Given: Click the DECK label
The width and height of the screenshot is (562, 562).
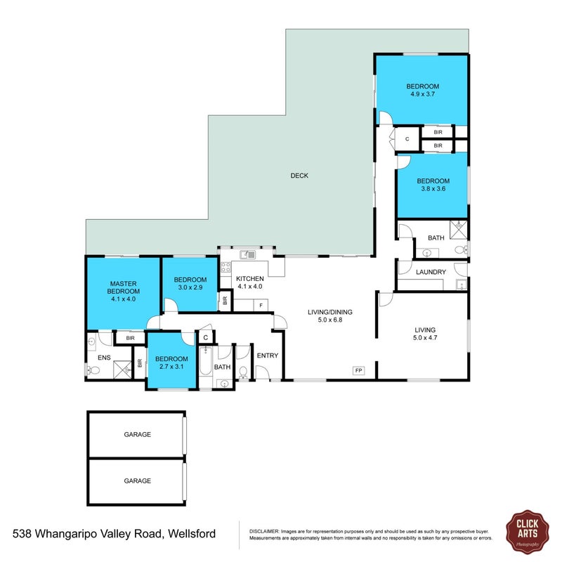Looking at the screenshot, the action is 299,175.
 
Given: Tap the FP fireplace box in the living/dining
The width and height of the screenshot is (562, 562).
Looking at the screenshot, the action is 359,371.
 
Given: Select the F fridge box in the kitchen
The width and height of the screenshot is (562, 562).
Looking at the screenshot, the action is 261,306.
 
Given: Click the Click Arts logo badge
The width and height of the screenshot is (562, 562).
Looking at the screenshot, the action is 528,532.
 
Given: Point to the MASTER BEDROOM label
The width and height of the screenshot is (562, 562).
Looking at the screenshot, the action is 124,287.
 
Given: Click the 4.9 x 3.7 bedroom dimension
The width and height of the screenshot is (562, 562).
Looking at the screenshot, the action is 423,94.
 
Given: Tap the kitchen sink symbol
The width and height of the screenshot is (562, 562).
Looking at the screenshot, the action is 247,255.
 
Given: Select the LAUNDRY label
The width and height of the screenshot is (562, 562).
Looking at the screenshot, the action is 431,272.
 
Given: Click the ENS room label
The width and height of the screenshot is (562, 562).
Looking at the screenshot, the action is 104,358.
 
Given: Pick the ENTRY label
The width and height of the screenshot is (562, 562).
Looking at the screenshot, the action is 268,355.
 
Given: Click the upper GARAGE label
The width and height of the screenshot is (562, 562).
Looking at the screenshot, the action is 137,434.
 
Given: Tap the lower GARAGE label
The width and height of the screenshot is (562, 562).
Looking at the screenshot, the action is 137,481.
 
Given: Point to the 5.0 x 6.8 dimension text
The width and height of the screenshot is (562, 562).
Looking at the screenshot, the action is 330,320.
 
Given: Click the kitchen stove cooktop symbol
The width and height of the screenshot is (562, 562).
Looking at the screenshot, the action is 226,268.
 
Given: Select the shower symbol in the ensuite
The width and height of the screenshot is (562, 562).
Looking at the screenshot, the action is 122,370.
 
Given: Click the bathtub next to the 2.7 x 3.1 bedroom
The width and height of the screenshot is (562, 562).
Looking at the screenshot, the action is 205,361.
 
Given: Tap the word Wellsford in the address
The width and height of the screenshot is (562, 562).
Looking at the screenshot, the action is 192,534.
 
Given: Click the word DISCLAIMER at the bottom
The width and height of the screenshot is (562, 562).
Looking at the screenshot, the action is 264,532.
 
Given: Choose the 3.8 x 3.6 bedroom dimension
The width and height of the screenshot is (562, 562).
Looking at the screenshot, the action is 433,188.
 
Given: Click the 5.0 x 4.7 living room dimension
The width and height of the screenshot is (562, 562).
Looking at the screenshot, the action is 425,337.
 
